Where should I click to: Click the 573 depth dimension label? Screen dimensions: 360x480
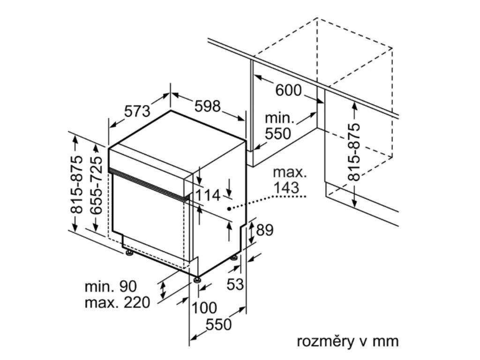click(x=137, y=111)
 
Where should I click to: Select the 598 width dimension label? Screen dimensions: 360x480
click(x=208, y=107)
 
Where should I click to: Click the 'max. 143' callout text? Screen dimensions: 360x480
click(x=291, y=180)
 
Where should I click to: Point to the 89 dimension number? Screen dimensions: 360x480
click(x=265, y=230)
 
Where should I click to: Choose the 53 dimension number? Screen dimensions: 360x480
click(x=236, y=284)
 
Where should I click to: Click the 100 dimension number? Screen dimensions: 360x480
click(x=204, y=308)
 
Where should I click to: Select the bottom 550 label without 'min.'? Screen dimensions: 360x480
click(x=219, y=324)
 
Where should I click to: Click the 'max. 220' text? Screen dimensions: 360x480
click(x=117, y=302)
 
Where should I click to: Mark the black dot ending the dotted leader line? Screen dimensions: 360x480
click(x=230, y=208)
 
